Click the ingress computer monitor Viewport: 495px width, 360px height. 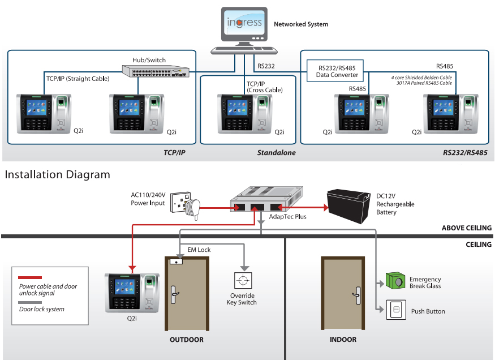(244, 25)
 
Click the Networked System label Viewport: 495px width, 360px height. (301, 24)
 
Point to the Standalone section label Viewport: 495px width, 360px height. (276, 153)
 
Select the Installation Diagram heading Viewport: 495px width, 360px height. (57, 174)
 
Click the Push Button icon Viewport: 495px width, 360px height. (396, 310)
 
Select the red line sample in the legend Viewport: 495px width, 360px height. (30, 278)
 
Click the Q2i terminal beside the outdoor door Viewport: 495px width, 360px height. (132, 292)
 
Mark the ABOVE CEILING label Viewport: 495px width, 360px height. (466, 228)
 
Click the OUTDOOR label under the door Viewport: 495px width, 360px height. (186, 340)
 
